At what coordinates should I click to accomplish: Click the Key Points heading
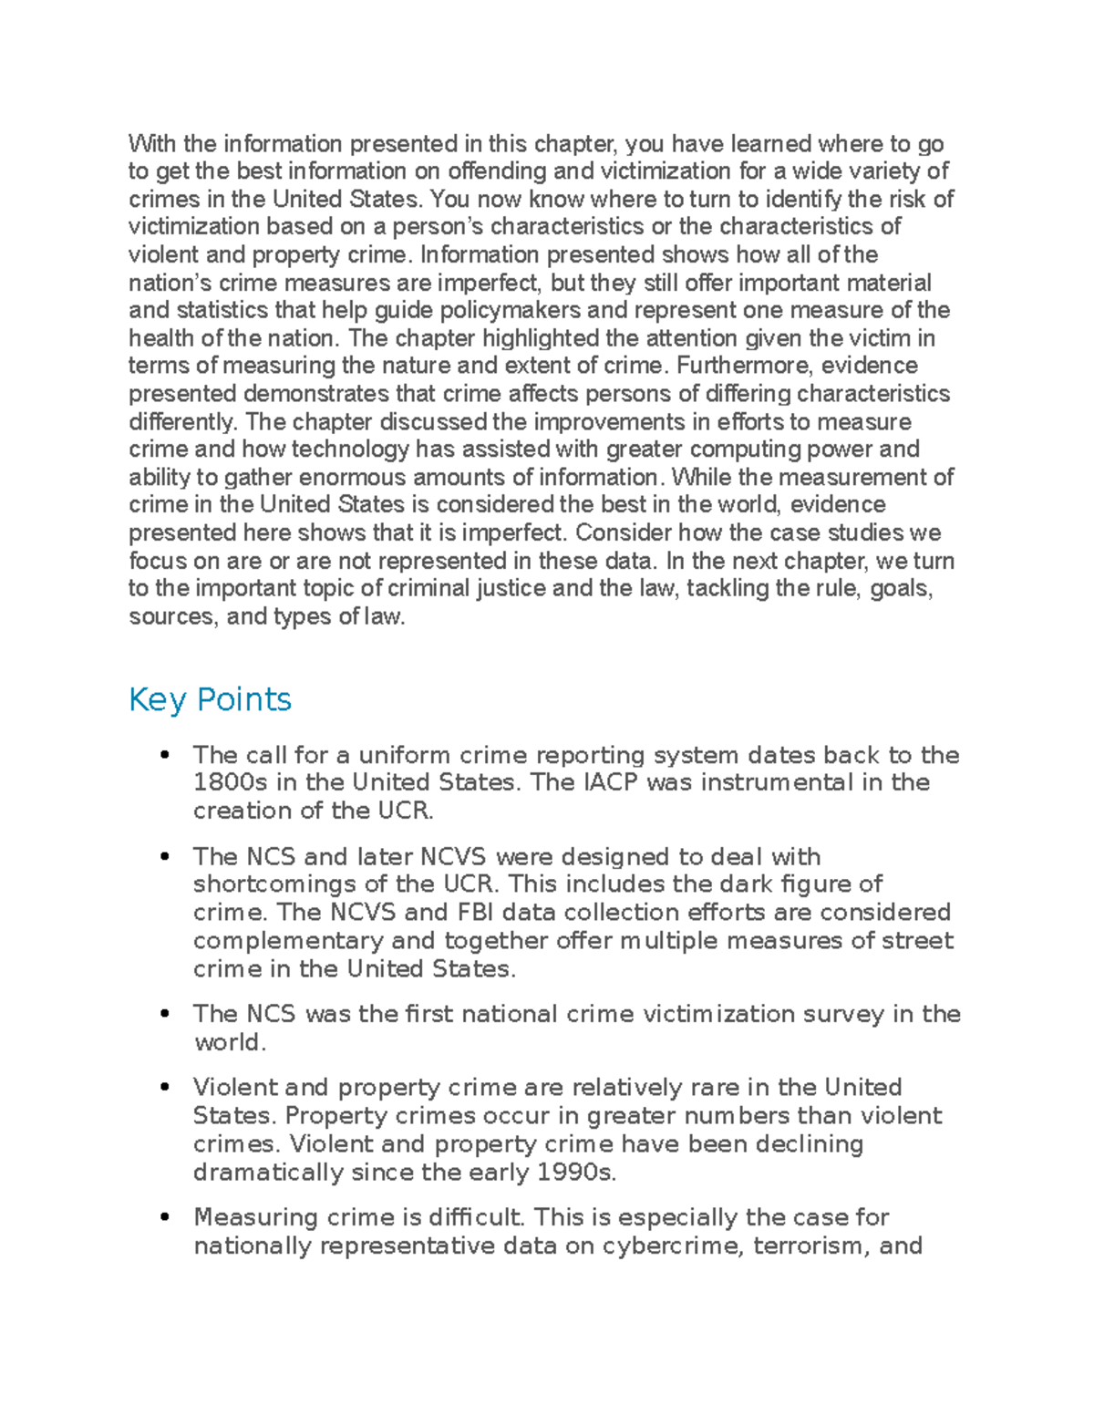[x=210, y=699]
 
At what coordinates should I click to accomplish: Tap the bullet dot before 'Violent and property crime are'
[x=164, y=1087]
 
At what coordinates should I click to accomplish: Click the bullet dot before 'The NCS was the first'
[x=164, y=1014]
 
